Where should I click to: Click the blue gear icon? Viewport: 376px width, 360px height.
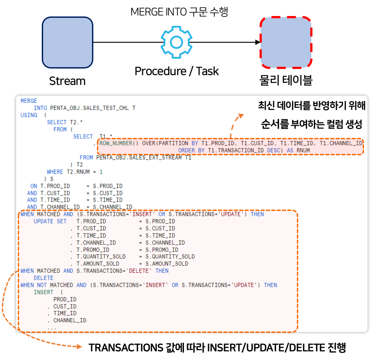point(176,42)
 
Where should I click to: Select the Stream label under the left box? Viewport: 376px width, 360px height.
point(67,81)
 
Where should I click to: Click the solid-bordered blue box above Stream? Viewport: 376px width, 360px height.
point(67,43)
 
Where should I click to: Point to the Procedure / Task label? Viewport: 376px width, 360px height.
point(176,71)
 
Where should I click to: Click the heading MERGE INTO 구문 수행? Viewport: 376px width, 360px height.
point(179,12)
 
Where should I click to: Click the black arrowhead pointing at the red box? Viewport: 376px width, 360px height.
point(257,43)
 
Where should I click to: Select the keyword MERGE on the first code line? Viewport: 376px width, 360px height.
point(29,101)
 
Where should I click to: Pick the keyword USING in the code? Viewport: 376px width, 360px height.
point(29,115)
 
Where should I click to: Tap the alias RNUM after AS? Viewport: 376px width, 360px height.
point(303,150)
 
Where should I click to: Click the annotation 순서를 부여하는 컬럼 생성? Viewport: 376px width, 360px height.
point(312,124)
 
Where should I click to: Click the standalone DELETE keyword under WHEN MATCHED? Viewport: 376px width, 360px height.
point(44,278)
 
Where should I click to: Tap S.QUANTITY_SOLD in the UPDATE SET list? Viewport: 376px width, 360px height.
point(167,257)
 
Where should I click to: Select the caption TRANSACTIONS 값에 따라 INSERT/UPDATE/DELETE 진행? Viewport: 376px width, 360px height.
point(217,348)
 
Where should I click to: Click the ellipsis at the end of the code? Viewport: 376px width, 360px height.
point(52,328)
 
